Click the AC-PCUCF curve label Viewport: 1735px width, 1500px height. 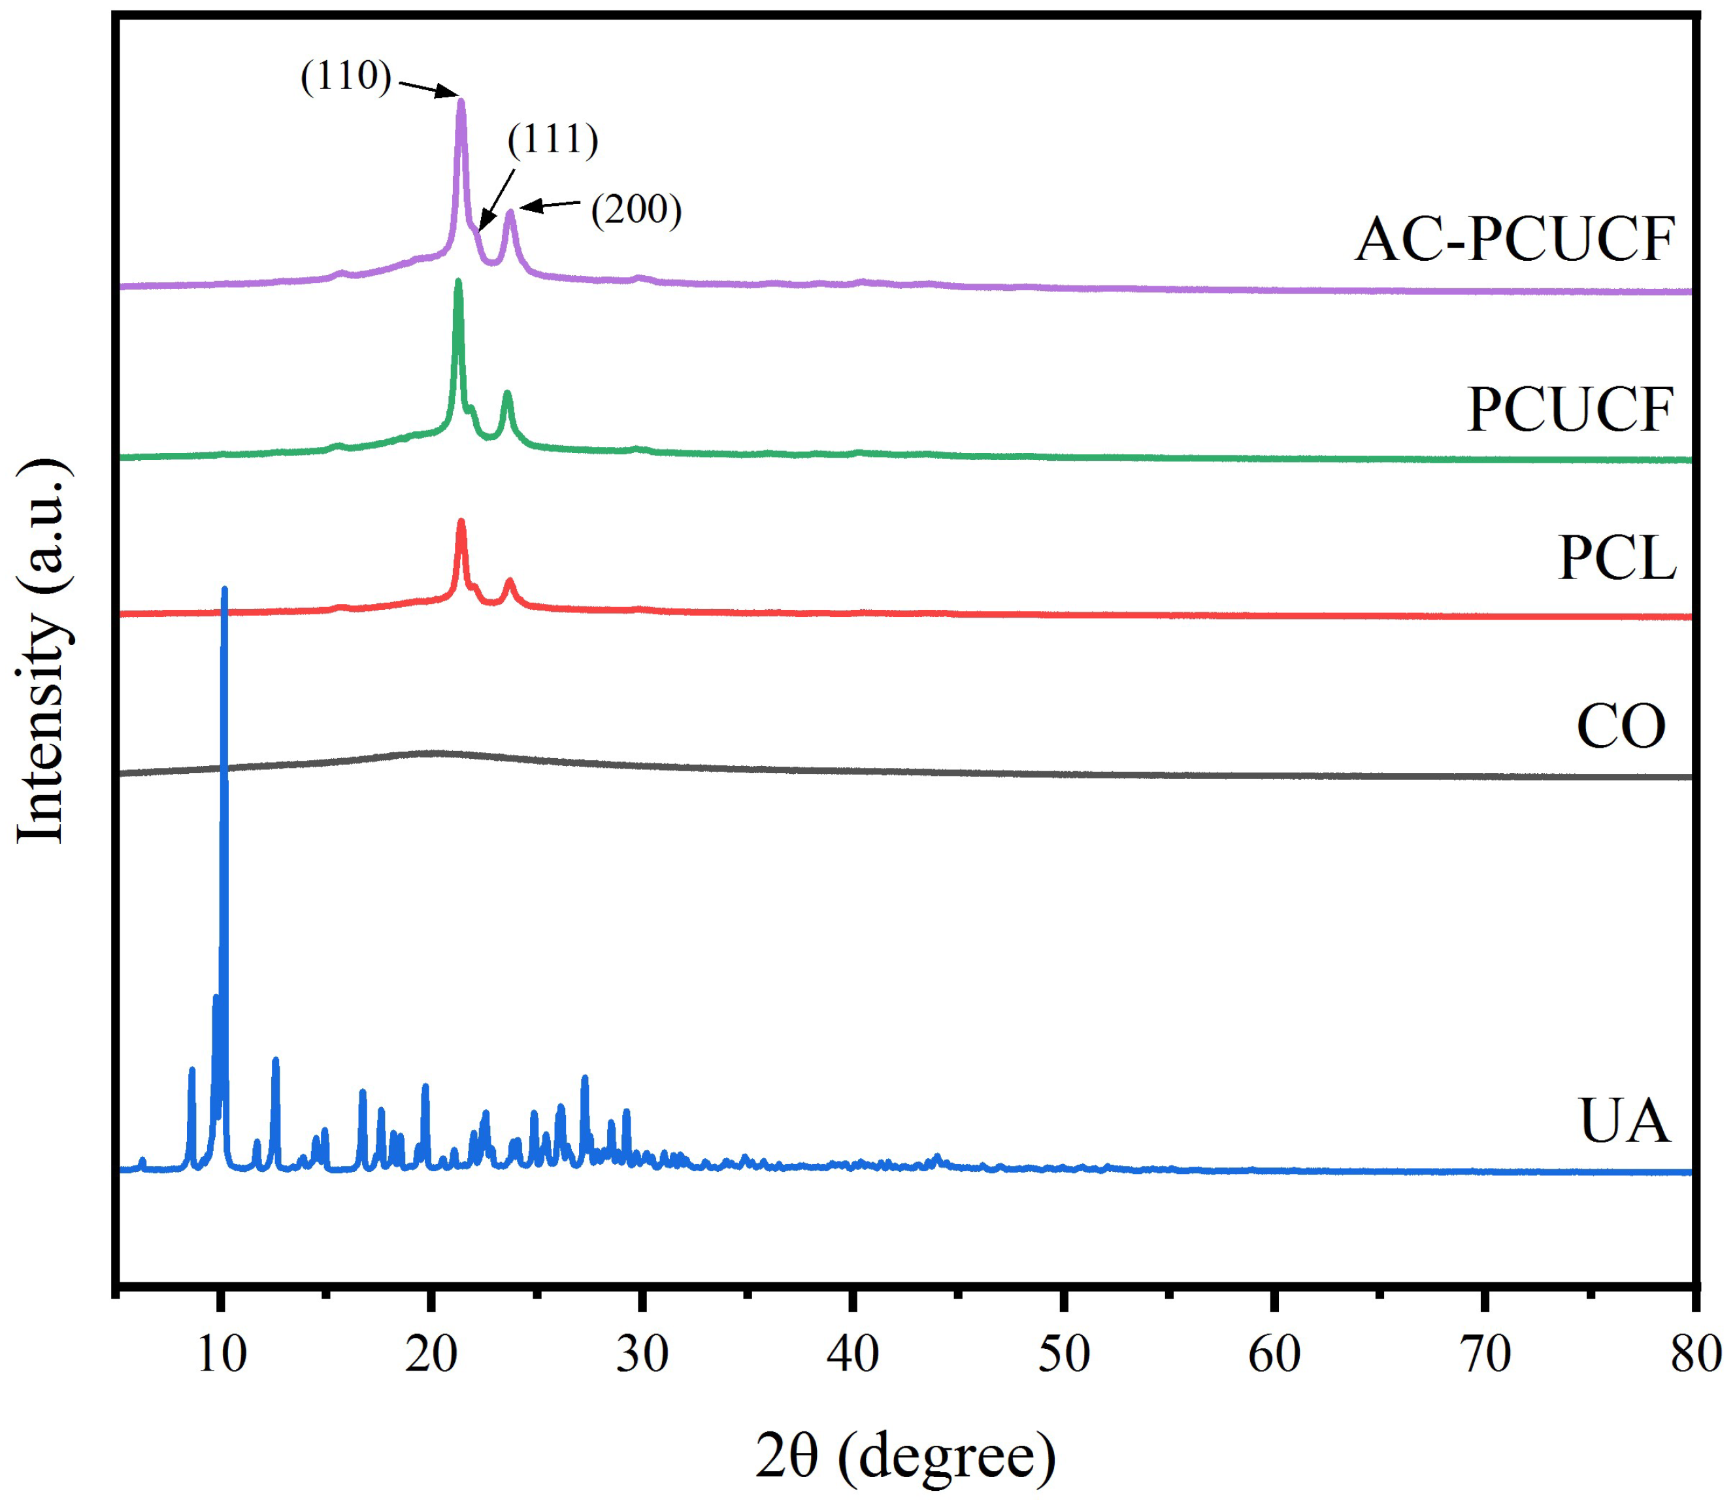pos(1514,241)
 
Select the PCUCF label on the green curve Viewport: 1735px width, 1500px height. pos(1570,410)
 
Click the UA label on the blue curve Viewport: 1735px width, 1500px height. pos(1625,1122)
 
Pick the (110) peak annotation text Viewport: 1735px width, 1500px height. pos(346,76)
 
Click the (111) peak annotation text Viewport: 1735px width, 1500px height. pos(553,139)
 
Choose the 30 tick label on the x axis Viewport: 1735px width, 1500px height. pos(643,1354)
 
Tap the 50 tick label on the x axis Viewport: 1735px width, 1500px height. pos(1065,1354)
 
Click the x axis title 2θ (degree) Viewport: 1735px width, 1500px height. pos(905,1456)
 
